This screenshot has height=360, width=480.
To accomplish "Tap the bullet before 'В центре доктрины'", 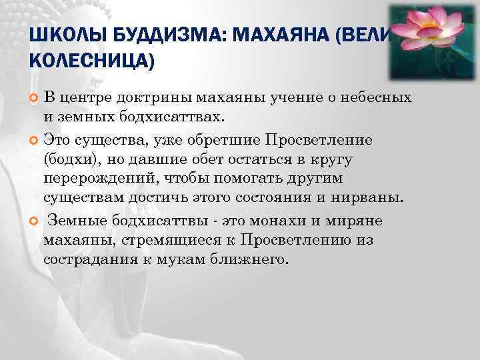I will coord(34,99).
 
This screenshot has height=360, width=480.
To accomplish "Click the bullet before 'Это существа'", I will coord(34,140).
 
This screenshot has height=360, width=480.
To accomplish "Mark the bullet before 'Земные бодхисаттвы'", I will coord(34,221).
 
